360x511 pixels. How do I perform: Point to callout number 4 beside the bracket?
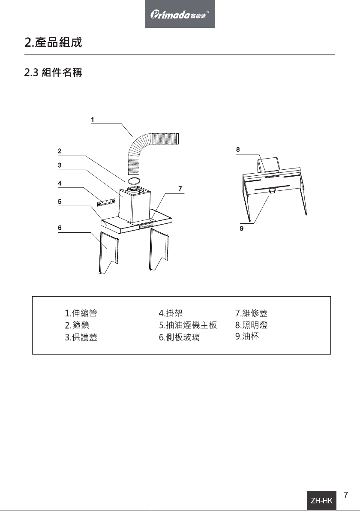(x=60, y=183)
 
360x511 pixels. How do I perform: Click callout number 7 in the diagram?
(x=180, y=188)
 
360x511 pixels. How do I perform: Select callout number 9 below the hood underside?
(x=242, y=229)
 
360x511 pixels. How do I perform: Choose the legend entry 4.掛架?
(x=171, y=313)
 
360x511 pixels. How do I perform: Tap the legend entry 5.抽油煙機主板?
(x=188, y=325)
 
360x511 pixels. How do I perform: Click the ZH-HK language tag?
(x=322, y=500)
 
